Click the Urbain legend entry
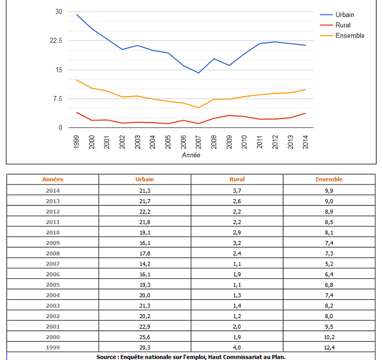tap(345, 15)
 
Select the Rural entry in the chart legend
tap(342, 25)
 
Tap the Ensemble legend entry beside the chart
tap(349, 36)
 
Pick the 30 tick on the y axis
tap(58, 12)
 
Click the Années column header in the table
tap(52, 179)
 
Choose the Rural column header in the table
tap(237, 179)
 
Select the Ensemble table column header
tap(329, 179)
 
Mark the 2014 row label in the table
tap(52, 190)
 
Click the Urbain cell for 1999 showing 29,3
tap(145, 347)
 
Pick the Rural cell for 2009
tap(237, 243)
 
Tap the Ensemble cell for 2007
tap(329, 263)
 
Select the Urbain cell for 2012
tap(145, 212)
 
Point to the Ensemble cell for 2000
tap(329, 336)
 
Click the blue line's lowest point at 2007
tap(199, 73)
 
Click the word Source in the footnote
tap(109, 356)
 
